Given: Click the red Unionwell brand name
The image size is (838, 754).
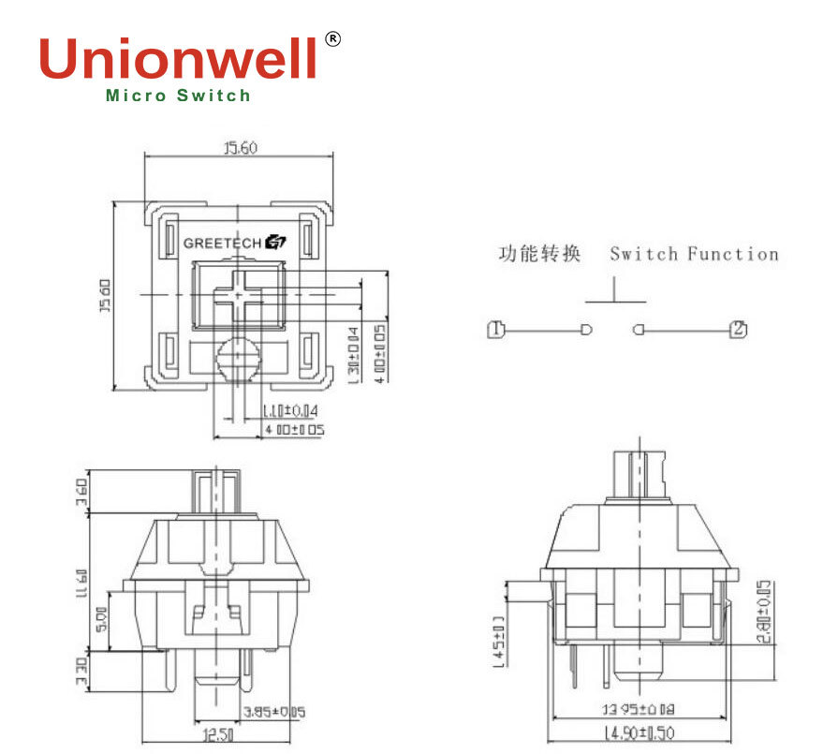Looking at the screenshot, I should [x=178, y=58].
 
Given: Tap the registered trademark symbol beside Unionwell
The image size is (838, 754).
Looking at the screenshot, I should [x=332, y=38].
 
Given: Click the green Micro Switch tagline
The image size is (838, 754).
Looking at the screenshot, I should [x=178, y=96].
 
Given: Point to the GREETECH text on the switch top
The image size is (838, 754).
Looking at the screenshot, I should [x=222, y=244].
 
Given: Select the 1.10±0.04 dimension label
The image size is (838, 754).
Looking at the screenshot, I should [x=291, y=410].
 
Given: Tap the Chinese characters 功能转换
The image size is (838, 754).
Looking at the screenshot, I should [x=538, y=254].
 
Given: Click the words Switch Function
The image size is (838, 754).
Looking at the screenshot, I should [x=694, y=254].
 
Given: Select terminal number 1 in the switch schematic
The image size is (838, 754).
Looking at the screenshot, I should [x=496, y=329].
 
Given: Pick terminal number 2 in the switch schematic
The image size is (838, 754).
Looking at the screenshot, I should [x=738, y=329].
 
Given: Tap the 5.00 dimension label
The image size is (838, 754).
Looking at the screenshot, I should [x=102, y=618].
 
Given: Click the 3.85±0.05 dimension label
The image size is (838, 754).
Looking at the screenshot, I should [x=273, y=713].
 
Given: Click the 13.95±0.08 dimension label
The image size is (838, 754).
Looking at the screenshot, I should [x=639, y=711].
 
